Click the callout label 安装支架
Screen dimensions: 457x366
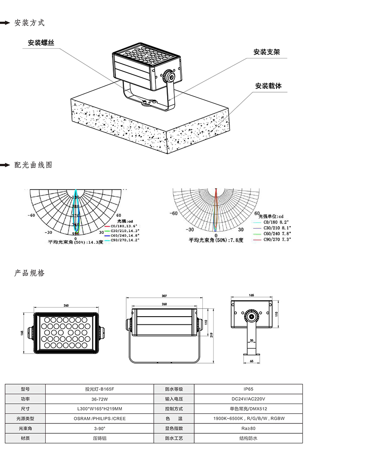click(x=267, y=52)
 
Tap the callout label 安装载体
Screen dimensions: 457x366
click(x=268, y=86)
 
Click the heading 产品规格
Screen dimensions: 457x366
click(x=29, y=273)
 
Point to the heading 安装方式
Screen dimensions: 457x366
click(x=29, y=23)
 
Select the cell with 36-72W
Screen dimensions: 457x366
click(x=99, y=399)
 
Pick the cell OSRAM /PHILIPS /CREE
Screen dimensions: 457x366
click(x=99, y=418)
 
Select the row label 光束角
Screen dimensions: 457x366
click(x=25, y=428)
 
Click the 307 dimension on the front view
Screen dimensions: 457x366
click(x=164, y=296)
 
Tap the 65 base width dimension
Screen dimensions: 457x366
click(x=251, y=361)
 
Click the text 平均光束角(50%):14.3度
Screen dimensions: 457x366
click(x=75, y=242)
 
